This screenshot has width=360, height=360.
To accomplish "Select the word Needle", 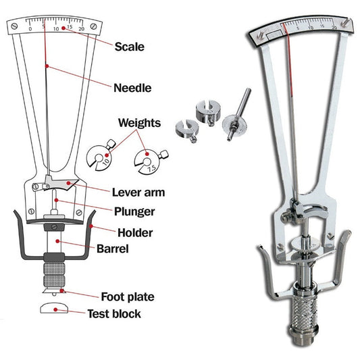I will click(132, 87).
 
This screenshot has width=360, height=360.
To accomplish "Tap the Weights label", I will click(139, 123).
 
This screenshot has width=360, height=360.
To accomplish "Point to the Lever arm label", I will click(140, 192).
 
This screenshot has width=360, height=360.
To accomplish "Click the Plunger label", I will click(134, 211).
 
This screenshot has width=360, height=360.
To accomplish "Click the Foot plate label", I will click(127, 296).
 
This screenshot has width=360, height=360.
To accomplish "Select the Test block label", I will click(114, 313).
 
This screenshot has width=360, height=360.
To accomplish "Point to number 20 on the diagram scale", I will click(81, 29).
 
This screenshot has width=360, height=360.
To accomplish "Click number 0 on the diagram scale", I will click(30, 29).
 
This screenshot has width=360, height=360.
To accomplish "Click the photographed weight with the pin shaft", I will click(234, 122).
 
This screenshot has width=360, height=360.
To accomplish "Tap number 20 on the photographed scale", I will click(334, 27).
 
